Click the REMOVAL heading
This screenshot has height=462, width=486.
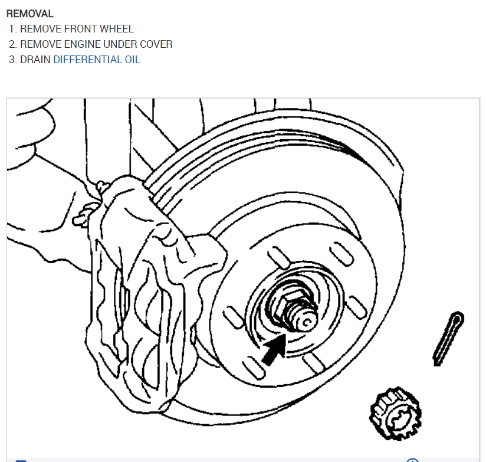(29, 14)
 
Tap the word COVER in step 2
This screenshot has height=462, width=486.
(156, 44)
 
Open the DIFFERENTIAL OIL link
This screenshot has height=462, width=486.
(97, 59)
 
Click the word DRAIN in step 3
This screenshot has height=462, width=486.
(35, 59)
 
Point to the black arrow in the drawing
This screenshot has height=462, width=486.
(274, 349)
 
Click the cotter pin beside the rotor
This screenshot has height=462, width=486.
(448, 338)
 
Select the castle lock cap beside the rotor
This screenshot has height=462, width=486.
(396, 413)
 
